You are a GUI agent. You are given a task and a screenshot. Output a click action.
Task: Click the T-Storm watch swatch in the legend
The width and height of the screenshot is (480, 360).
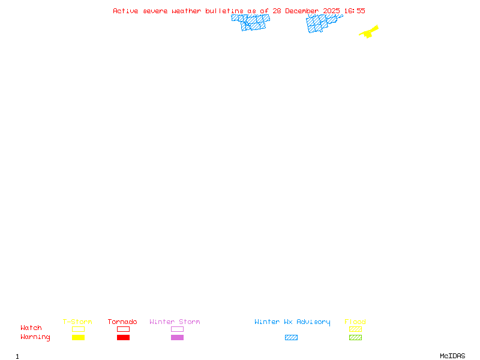[x=78, y=329]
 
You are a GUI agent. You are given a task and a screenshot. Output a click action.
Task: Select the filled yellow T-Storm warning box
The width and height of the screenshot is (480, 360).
[x=78, y=338]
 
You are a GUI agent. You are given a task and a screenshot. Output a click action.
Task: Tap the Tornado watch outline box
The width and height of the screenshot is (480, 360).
[x=123, y=329]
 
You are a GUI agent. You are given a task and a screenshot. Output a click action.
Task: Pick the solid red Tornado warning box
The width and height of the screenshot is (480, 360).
[x=123, y=338]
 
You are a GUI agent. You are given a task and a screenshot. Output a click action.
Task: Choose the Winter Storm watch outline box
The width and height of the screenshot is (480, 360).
[x=177, y=329]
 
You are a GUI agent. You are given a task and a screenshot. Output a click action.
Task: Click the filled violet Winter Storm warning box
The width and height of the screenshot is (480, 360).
[x=177, y=338]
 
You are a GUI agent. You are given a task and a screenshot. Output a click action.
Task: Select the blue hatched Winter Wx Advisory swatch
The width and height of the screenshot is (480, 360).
[x=291, y=338]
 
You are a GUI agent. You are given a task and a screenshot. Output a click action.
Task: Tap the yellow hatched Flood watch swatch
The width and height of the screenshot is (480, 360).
[x=355, y=329]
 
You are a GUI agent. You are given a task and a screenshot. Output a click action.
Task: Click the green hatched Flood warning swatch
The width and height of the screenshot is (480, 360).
[x=355, y=338]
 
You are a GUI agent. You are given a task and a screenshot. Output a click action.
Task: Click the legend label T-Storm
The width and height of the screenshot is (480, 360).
[x=77, y=322]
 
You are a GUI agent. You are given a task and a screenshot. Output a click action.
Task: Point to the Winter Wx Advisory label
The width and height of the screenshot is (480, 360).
[x=292, y=322]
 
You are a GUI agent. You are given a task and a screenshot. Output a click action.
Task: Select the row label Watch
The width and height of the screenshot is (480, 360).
[x=31, y=328]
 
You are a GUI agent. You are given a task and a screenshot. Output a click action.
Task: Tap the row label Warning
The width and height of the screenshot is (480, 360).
[x=35, y=337]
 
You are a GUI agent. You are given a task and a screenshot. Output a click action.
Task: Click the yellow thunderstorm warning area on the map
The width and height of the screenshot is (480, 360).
[x=369, y=32]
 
